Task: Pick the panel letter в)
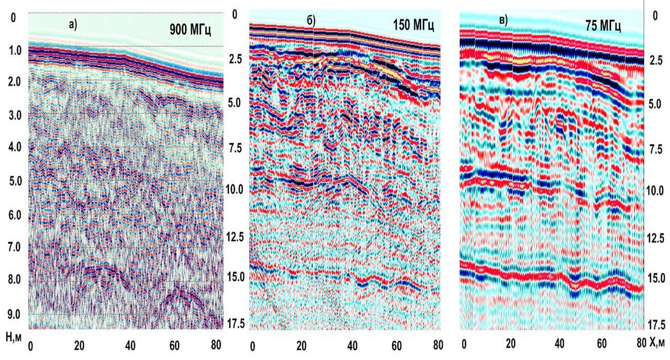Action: click(x=502, y=21)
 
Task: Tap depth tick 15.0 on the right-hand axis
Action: click(x=656, y=279)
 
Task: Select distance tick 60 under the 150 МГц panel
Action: click(x=396, y=345)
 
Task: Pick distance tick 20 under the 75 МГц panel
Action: click(x=511, y=344)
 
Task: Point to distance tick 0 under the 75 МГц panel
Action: click(x=464, y=344)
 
